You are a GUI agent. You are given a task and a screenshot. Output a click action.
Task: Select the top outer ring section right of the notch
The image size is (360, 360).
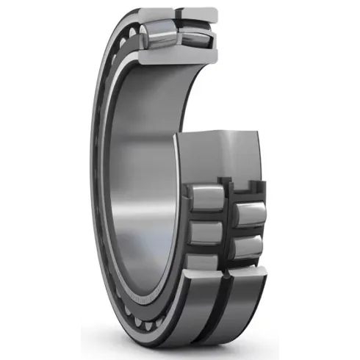point(199,13)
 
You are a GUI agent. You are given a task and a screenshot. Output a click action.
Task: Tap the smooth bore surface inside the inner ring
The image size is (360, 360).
point(147,184)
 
